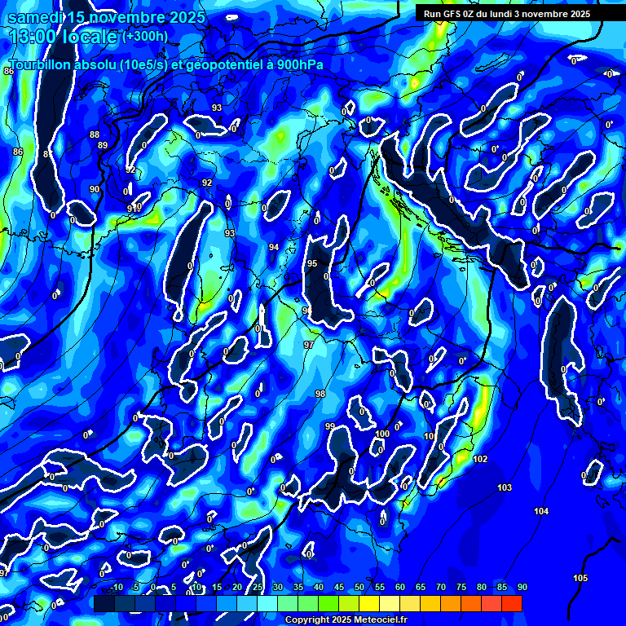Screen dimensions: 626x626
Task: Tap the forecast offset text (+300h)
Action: click(145, 36)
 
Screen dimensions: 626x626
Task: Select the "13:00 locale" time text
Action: click(62, 37)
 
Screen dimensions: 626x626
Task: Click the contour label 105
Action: click(580, 578)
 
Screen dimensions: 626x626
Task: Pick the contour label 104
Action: click(541, 511)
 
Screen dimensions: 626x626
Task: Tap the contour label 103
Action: click(505, 487)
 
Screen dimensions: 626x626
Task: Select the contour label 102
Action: click(480, 459)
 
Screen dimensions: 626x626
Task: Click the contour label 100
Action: click(382, 434)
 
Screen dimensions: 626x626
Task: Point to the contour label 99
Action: click(329, 426)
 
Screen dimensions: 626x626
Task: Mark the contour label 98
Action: click(320, 394)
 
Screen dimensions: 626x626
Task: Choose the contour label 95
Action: click(312, 263)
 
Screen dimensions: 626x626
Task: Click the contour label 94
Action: click(274, 246)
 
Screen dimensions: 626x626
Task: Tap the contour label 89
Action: click(103, 145)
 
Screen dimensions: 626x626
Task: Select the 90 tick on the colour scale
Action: click(522, 588)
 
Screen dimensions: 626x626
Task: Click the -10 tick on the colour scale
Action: click(117, 588)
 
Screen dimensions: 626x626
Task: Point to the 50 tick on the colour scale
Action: click(359, 588)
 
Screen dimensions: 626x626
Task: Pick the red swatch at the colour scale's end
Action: click(511, 603)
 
